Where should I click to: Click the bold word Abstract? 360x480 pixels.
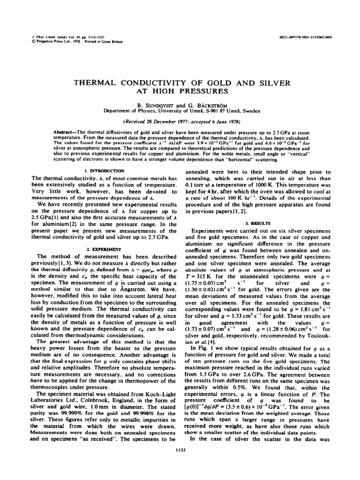click(x=66, y=134)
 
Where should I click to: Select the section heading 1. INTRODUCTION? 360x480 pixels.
click(x=104, y=171)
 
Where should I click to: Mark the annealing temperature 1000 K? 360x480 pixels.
click(x=269, y=185)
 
